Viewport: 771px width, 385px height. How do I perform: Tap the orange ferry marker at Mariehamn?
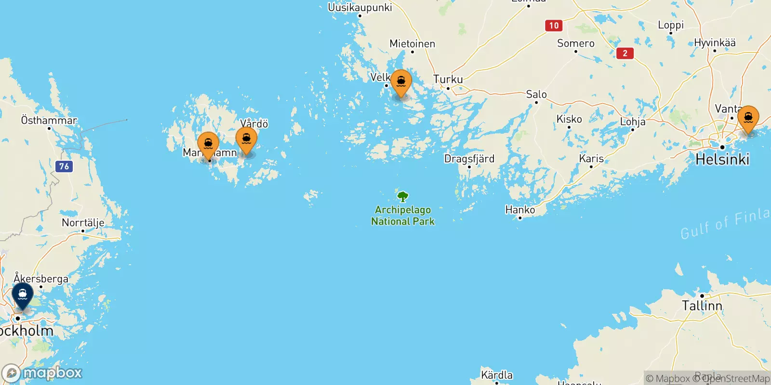point(208,144)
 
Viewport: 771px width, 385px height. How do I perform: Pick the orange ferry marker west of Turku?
point(401,83)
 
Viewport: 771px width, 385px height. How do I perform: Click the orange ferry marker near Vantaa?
point(748,118)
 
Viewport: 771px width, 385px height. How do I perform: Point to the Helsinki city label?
point(722,159)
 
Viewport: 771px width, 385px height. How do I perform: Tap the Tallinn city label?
point(702,306)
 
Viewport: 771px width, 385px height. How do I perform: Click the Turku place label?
point(448,79)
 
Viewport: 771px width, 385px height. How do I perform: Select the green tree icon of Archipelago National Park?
point(403,197)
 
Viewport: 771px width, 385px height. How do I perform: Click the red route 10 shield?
point(554,26)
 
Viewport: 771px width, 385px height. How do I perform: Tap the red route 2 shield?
point(625,53)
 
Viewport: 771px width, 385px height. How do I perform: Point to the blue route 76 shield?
point(64,167)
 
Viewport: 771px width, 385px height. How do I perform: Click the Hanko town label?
point(520,210)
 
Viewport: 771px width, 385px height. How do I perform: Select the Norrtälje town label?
point(83,223)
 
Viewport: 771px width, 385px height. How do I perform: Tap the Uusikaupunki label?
point(360,7)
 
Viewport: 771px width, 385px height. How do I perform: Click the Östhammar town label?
point(49,120)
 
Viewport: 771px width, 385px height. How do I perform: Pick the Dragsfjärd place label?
point(469,159)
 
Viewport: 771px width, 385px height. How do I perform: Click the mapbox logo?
point(42,373)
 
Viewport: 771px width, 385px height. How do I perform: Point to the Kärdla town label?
point(497,375)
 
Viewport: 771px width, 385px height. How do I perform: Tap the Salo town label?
point(536,94)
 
